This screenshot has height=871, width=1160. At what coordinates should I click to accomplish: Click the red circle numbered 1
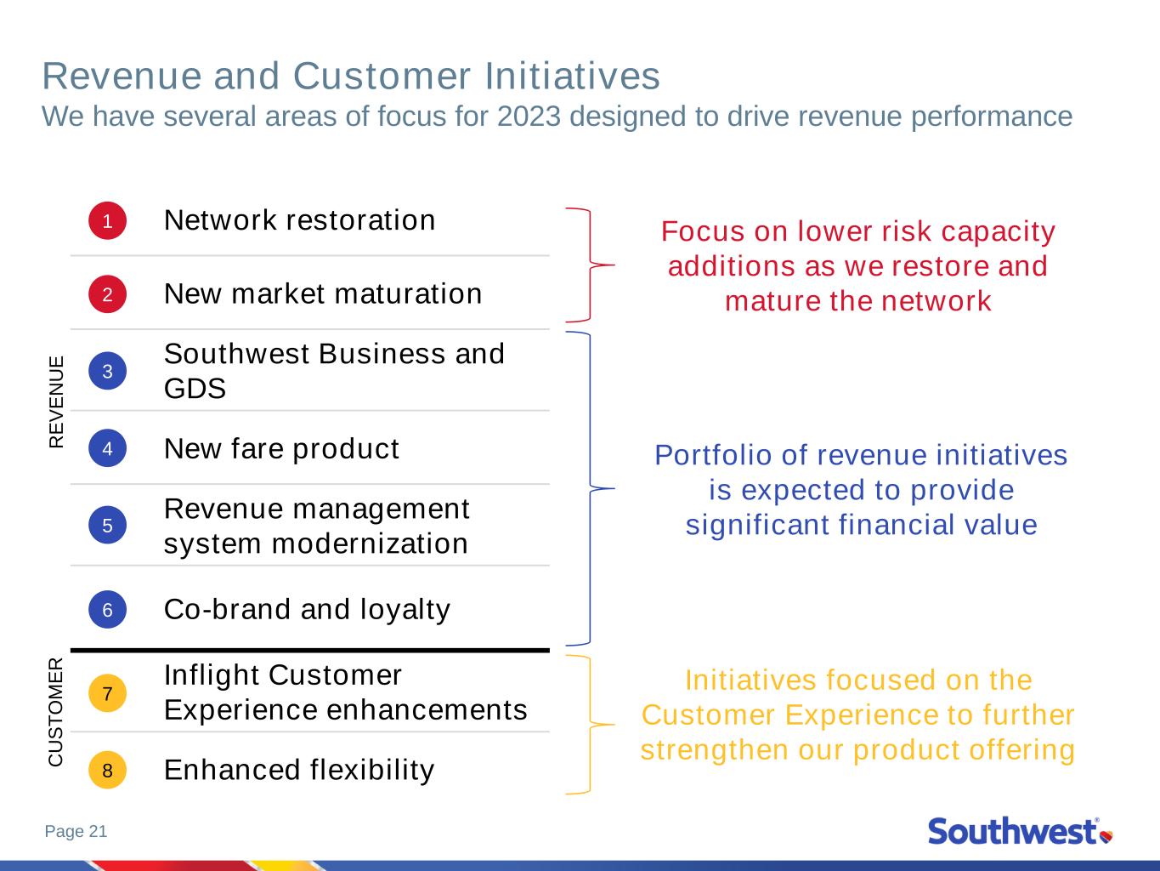(107, 220)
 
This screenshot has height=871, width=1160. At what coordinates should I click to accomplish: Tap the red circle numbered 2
(107, 294)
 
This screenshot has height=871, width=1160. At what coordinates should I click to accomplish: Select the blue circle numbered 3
(107, 371)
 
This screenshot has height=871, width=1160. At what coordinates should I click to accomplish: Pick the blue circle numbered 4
(107, 448)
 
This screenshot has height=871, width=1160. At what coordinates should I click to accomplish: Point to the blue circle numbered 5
(107, 525)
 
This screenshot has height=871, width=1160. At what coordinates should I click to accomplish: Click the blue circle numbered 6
(107, 609)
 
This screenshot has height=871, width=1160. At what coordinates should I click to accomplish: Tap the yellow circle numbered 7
(107, 692)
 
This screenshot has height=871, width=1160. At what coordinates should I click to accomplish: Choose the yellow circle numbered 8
(107, 770)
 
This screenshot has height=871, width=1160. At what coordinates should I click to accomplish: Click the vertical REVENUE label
(56, 402)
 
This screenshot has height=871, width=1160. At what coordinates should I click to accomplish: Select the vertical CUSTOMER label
(56, 712)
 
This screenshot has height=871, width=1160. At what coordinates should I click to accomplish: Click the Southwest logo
(1021, 831)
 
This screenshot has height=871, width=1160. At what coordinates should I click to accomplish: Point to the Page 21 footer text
(76, 831)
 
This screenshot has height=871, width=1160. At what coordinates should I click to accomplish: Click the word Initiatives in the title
(572, 76)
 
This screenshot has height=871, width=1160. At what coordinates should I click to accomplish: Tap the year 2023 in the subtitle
(529, 116)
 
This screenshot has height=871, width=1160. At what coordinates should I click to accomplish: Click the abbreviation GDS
(195, 389)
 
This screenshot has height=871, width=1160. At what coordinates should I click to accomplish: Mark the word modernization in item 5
(370, 544)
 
